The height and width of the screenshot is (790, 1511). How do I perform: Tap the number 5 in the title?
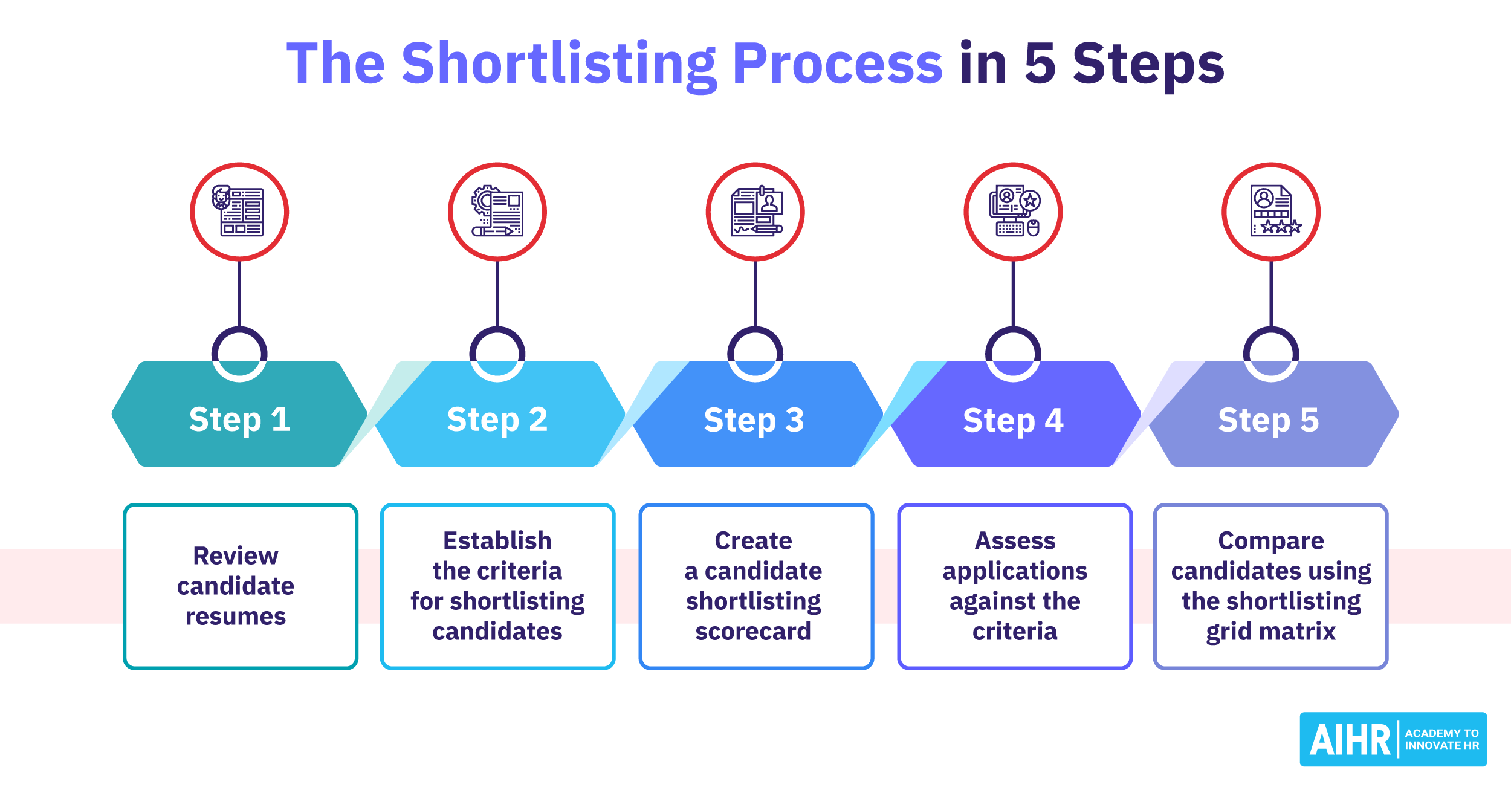[1040, 63]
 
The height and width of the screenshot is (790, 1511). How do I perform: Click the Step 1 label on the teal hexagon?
[239, 419]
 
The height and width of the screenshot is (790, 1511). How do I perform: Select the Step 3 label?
[754, 420]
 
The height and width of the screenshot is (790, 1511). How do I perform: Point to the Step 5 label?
[1269, 420]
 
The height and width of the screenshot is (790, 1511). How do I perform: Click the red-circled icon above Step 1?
[239, 212]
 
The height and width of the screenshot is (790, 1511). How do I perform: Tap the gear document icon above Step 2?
[497, 212]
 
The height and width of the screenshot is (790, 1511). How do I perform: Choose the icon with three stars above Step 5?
[1271, 212]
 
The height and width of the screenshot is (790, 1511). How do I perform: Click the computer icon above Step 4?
[1014, 212]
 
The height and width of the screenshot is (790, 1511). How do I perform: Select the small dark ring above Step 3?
[755, 354]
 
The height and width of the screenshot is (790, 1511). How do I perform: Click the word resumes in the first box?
[236, 617]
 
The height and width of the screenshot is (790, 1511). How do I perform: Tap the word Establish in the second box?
[497, 540]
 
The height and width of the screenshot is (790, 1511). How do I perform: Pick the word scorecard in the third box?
[753, 631]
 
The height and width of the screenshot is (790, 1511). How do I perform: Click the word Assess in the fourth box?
[1015, 540]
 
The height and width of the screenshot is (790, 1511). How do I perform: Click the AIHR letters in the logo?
[1350, 740]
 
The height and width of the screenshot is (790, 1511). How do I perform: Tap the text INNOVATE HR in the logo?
[1441, 746]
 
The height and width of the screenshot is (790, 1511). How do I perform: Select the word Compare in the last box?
[1271, 540]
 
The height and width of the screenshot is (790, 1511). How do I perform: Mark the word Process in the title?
[837, 63]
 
